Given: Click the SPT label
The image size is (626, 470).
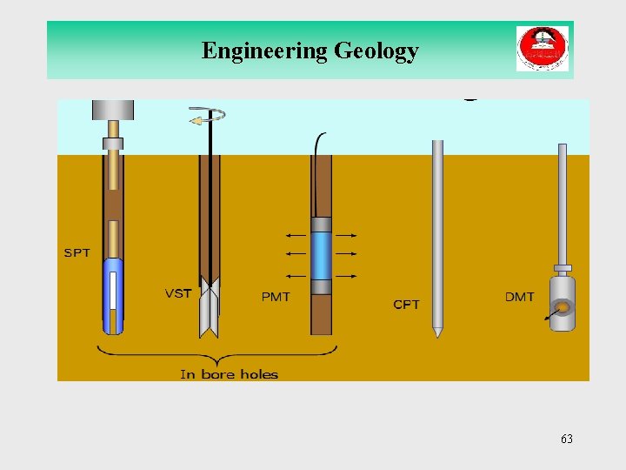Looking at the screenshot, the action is [77, 253].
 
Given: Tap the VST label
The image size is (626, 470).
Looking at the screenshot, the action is [178, 293].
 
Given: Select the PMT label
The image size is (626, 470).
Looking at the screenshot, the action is [276, 297].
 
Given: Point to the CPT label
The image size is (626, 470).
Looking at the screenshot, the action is [406, 305].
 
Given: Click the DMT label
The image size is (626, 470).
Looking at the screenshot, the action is [520, 297].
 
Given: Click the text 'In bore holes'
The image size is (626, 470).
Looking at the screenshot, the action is [229, 374].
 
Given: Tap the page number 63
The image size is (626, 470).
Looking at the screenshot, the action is [567, 439].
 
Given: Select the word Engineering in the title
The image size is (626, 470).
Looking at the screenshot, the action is [263, 51].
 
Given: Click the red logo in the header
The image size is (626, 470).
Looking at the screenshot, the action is [542, 49].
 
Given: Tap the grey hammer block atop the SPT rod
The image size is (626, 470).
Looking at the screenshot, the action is [113, 110].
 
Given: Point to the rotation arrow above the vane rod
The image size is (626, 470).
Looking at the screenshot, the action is [208, 115].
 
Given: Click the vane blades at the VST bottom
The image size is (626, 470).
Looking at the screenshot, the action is [210, 309].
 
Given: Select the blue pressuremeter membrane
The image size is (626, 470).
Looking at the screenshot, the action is [322, 255].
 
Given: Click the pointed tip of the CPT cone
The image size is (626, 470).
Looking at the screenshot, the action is [438, 332].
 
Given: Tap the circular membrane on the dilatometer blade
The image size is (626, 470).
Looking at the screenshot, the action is [563, 307].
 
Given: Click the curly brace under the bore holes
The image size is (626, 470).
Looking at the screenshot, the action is [216, 353].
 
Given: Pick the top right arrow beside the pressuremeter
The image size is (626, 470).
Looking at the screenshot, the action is [346, 235].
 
